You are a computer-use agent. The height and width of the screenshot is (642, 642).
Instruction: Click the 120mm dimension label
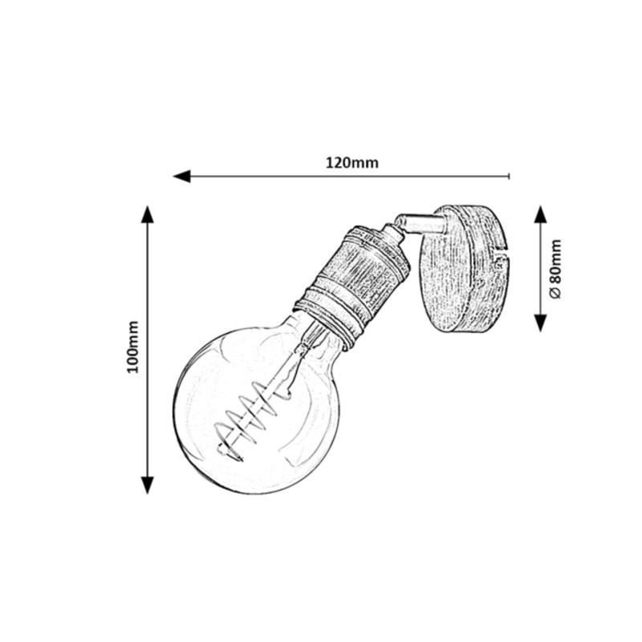351,163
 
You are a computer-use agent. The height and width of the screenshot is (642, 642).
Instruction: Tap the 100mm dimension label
132,347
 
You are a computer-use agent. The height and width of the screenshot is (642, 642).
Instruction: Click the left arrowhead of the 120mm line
182,177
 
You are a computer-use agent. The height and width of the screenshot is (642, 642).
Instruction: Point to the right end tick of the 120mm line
509,177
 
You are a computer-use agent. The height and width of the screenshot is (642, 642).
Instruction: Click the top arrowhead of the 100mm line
148,214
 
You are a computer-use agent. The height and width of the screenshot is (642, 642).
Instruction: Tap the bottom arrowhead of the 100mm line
148,486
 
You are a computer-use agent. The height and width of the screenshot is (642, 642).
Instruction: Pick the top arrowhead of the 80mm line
540,214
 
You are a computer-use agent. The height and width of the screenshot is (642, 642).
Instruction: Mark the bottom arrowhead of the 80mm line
540,323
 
